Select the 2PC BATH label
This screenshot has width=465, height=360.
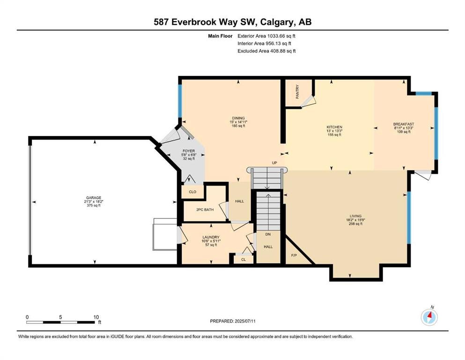pyautogui.click(x=205, y=210)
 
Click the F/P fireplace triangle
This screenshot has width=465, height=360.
pyautogui.click(x=294, y=255)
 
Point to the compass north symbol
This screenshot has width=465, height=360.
pyautogui.click(x=429, y=317)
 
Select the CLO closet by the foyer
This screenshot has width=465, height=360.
pyautogui.click(x=192, y=192)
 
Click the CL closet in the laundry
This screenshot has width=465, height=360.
pyautogui.click(x=243, y=259)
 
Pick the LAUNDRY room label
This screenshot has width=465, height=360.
pyautogui.click(x=211, y=237)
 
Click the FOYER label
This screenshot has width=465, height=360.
pyautogui.click(x=189, y=151)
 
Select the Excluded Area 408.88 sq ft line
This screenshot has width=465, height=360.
pyautogui.click(x=266, y=51)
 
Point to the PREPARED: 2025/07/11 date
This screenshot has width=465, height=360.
pyautogui.click(x=233, y=321)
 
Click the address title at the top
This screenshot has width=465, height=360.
pyautogui.click(x=232, y=22)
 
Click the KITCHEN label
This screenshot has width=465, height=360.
pyautogui.click(x=334, y=127)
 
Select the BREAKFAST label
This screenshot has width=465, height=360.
pyautogui.click(x=404, y=124)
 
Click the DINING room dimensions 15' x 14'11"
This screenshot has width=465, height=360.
pyautogui.click(x=238, y=122)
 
